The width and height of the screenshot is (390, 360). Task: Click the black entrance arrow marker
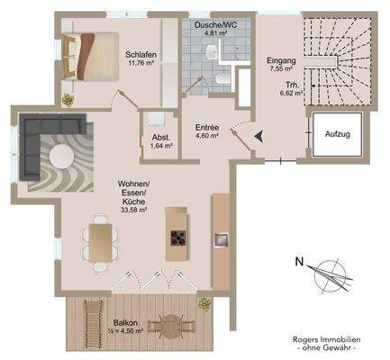pyautogui.click(x=258, y=136)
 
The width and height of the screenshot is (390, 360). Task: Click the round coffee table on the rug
pyautogui.click(x=63, y=155)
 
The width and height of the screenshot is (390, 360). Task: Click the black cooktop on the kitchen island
pyautogui.click(x=176, y=239)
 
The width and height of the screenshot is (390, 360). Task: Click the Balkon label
pyautogui.click(x=124, y=321)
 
